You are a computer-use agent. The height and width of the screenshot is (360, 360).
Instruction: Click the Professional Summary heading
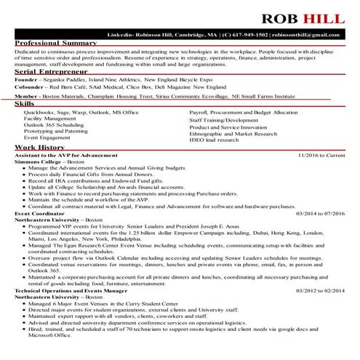[55, 44]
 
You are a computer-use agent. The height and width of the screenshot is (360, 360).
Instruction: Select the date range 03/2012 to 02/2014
[321, 290]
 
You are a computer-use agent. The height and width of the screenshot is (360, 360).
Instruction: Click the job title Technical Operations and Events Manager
[66, 290]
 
